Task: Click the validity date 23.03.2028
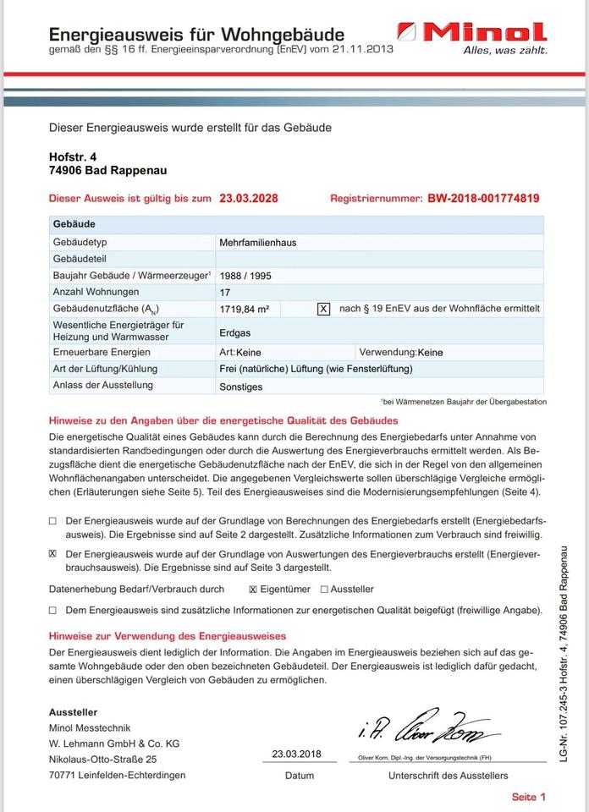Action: pyautogui.click(x=248, y=199)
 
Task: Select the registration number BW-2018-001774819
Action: pyautogui.click(x=483, y=199)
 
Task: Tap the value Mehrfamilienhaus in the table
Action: pyautogui.click(x=257, y=242)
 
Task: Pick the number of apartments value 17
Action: pyautogui.click(x=224, y=293)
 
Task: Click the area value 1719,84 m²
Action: pyautogui.click(x=244, y=310)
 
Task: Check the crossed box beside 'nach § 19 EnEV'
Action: pyautogui.click(x=323, y=310)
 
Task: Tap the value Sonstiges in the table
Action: pyautogui.click(x=240, y=387)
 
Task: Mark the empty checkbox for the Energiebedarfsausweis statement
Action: pyautogui.click(x=53, y=522)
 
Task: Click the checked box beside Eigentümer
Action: pyautogui.click(x=253, y=590)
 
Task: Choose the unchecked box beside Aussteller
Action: pyautogui.click(x=324, y=590)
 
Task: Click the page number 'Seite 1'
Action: pyautogui.click(x=529, y=797)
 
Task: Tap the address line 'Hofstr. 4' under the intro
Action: pyautogui.click(x=73, y=156)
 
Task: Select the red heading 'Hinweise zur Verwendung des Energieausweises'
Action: pyautogui.click(x=168, y=636)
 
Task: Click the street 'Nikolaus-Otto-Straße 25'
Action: pyautogui.click(x=102, y=760)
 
